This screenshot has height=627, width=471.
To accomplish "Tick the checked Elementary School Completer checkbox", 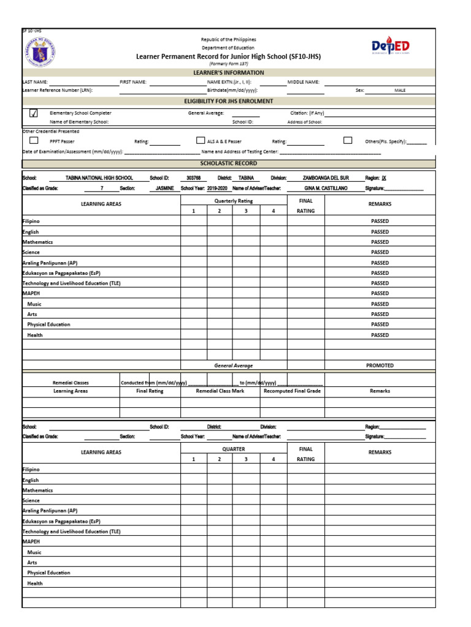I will tap(34, 113).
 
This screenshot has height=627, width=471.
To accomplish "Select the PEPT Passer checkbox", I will tap(34, 140).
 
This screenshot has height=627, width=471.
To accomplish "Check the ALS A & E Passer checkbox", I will tap(200, 140).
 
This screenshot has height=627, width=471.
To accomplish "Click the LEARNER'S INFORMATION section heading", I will tap(229, 72).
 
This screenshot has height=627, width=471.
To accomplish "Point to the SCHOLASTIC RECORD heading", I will tap(229, 163).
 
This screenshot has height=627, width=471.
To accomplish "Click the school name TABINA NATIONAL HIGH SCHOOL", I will tap(99, 178).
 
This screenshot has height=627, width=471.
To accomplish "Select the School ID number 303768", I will tap(194, 178).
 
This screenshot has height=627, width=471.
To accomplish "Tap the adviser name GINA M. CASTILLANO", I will tap(326, 189).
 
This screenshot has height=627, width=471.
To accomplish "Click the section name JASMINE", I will tap(164, 189).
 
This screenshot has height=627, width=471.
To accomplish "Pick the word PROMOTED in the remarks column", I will tap(380, 366).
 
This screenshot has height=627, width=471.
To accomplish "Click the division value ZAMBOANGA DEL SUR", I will tap(326, 178).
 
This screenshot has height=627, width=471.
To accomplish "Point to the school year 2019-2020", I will tap(217, 189).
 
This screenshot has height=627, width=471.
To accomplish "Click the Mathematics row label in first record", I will tap(38, 242).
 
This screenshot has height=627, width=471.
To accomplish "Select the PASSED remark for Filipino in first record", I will tap(380, 221).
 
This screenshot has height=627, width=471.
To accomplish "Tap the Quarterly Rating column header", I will tap(233, 201).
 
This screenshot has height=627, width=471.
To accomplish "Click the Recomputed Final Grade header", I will tap(292, 391).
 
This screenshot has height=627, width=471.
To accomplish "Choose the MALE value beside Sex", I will tap(400, 90).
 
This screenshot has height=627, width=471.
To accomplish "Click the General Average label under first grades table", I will tap(233, 366).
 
